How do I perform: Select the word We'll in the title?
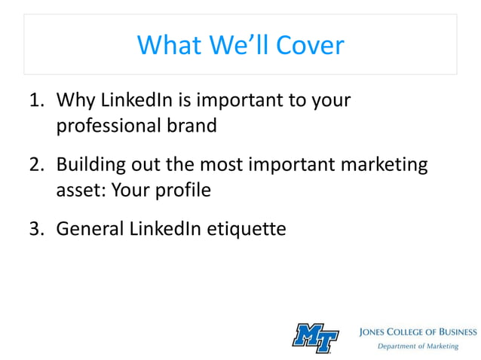[234, 45]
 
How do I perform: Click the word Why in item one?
[75, 99]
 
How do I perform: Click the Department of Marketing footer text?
[418, 346]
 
